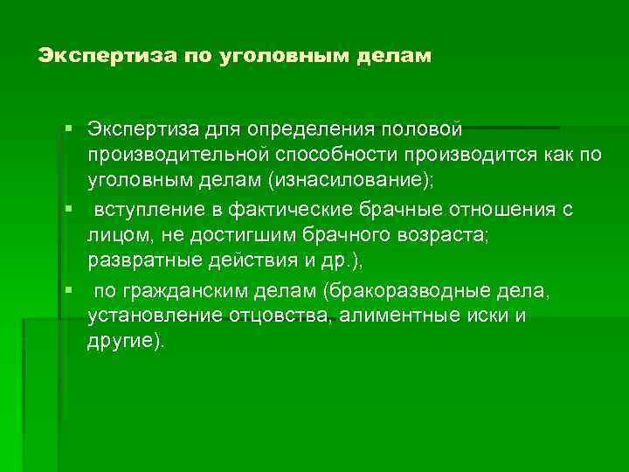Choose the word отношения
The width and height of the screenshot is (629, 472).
[505, 210]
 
